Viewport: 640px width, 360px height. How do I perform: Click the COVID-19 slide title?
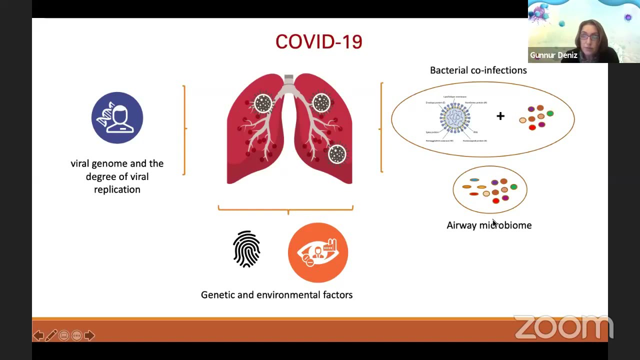point(318,42)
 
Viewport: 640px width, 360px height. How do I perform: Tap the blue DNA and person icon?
point(117,117)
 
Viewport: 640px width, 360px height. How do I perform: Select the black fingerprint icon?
point(246,249)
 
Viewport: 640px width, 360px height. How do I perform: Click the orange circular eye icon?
point(318,252)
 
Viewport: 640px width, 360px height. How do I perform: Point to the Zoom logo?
point(563,327)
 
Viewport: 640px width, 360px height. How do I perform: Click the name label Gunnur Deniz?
point(553,55)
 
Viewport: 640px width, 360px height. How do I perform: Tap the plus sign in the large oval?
point(500,116)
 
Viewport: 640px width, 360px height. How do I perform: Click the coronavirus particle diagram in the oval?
point(455,118)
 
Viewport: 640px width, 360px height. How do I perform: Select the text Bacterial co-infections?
point(478,70)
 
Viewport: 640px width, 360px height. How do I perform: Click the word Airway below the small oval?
point(461,225)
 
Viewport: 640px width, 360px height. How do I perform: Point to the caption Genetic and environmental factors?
point(276,295)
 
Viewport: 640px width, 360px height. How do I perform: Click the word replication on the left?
point(117,189)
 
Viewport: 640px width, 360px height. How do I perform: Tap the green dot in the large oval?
point(550,113)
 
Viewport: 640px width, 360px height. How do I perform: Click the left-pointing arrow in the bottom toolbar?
point(38,335)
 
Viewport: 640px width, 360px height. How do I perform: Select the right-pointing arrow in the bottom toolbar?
point(89,335)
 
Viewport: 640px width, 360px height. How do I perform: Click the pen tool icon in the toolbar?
point(51,335)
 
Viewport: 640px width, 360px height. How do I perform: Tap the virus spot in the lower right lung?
point(337,154)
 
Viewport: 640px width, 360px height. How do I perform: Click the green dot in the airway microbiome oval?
point(513,187)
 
